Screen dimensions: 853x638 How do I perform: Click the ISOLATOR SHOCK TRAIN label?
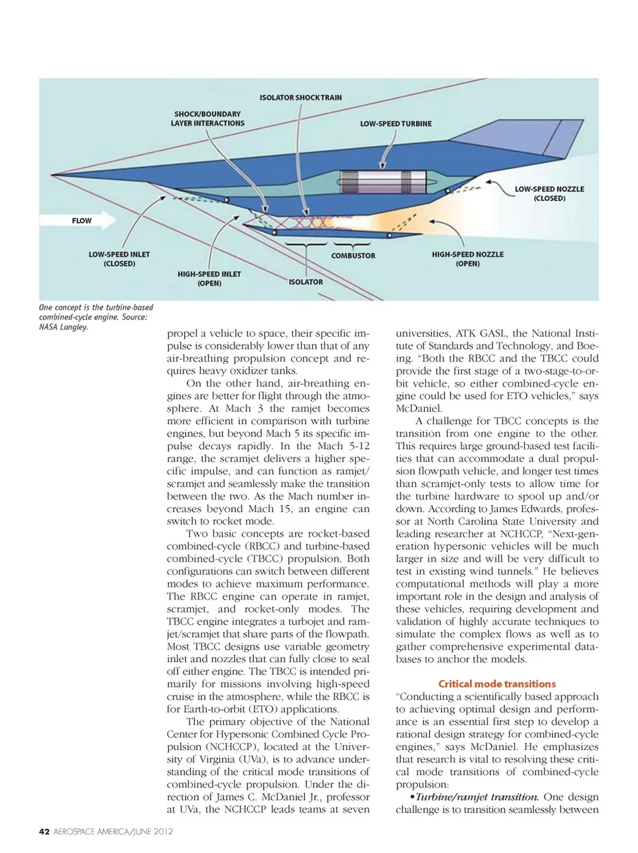(300, 98)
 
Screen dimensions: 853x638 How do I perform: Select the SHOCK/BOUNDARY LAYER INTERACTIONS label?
(207, 118)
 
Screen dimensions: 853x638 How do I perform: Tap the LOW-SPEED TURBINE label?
(395, 124)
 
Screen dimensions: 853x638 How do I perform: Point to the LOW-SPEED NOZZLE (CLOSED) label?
(549, 193)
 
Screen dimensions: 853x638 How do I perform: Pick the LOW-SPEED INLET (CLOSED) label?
(120, 259)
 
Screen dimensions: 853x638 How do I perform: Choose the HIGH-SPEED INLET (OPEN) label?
(209, 278)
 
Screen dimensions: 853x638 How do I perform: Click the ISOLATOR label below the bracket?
(306, 282)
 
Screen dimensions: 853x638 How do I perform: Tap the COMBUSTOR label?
(353, 256)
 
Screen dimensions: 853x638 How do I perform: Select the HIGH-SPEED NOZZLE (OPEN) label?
(468, 259)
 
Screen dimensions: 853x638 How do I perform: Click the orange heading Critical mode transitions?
(496, 684)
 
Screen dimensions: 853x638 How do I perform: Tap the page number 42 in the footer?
(44, 831)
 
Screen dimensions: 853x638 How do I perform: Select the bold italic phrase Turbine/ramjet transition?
(477, 797)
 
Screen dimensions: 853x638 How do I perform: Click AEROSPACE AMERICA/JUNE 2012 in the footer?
(113, 831)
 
